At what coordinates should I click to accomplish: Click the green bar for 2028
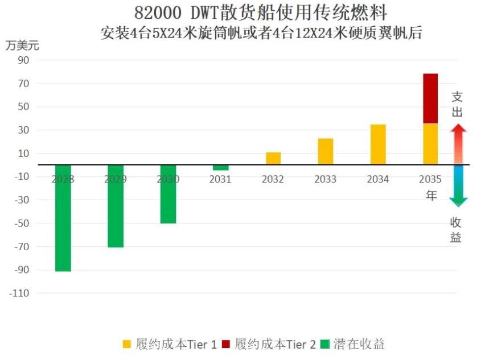[x=63, y=218]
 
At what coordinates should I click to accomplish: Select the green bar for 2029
[x=116, y=206]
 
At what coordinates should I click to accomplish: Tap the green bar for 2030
[x=168, y=194]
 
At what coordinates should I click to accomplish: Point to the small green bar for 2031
[x=220, y=168]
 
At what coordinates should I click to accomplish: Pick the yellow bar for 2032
[x=273, y=159]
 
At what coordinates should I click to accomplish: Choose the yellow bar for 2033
[x=326, y=151]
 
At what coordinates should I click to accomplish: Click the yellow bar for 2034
[x=378, y=144]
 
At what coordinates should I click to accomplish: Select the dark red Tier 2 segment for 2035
[x=430, y=98]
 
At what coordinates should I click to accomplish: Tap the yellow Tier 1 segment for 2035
[x=430, y=144]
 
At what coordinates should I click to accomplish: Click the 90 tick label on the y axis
[x=24, y=60]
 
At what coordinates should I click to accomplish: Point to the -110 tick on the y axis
[x=20, y=293]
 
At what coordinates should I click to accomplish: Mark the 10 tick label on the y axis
[x=24, y=154]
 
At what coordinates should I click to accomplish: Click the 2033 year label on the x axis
[x=326, y=179]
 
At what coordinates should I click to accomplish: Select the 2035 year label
[x=430, y=179]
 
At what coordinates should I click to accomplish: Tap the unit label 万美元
[x=22, y=45]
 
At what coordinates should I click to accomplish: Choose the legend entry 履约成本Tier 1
[x=169, y=344]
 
